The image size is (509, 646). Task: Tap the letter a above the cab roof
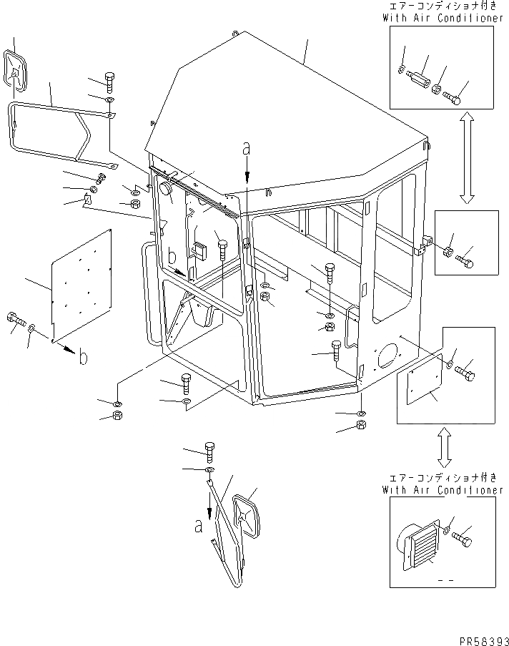coord(247,150)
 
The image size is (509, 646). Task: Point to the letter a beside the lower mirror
coord(198,526)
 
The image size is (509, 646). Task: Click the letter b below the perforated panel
coord(83,357)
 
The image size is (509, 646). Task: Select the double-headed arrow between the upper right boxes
coord(465,157)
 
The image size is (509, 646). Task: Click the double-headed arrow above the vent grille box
coord(444,446)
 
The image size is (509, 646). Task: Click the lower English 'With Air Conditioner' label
coord(443,490)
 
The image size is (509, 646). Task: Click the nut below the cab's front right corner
coord(361,426)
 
